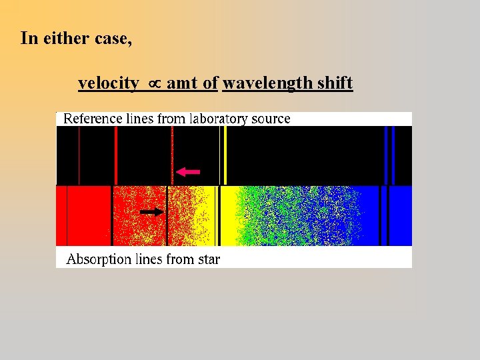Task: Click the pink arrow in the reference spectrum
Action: click(x=189, y=172)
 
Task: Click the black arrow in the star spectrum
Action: click(x=151, y=212)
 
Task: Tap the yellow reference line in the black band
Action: click(x=225, y=155)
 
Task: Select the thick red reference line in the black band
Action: click(x=116, y=155)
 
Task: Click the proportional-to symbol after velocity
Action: click(x=153, y=83)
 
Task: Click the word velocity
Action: click(x=109, y=83)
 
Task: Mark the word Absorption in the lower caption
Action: click(x=99, y=259)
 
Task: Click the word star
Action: click(x=209, y=259)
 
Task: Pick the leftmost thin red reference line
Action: click(x=79, y=155)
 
